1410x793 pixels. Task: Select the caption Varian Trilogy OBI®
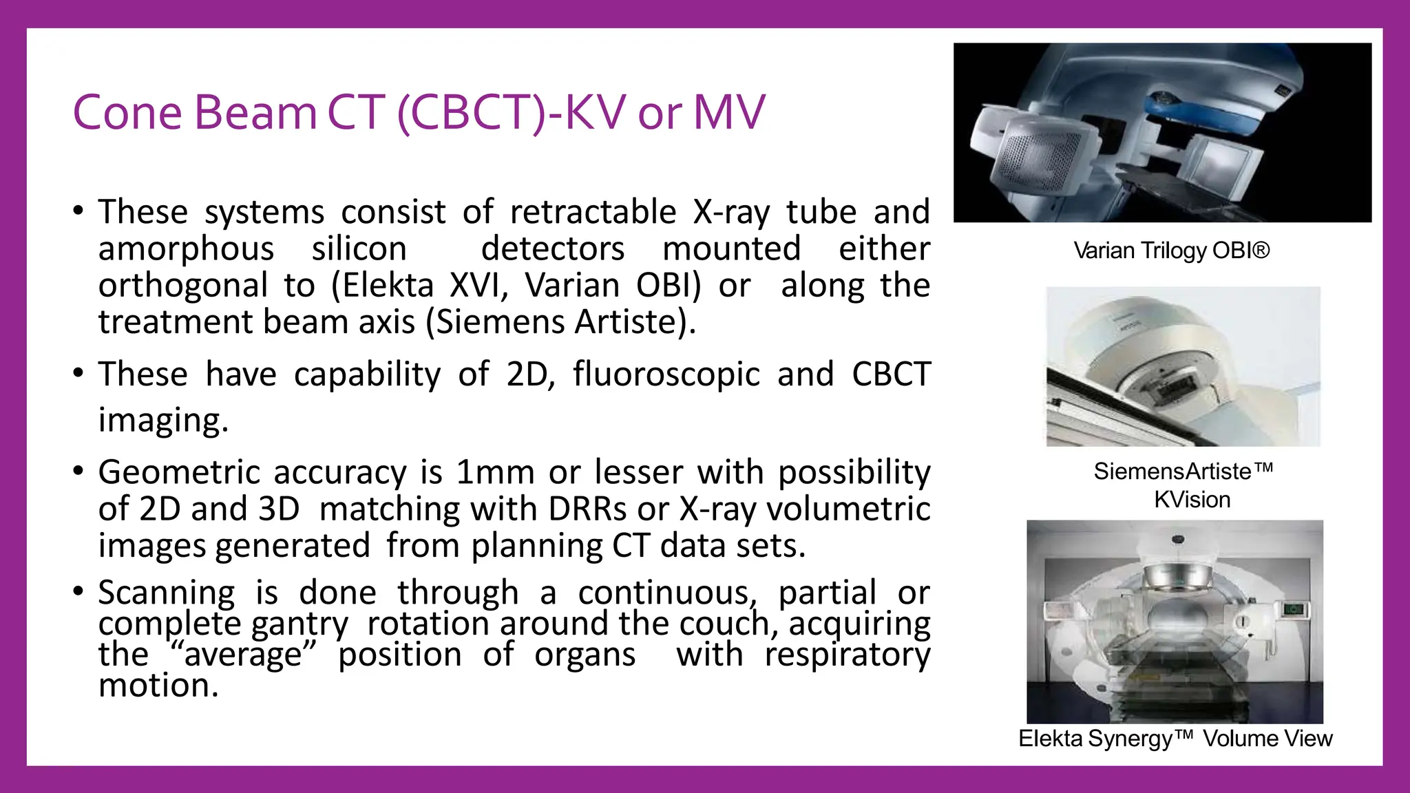1171,251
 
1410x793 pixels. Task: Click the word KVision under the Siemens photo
1192,500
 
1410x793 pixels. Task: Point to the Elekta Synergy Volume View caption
1175,739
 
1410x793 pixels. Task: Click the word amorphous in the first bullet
186,249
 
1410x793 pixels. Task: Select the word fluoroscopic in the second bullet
666,375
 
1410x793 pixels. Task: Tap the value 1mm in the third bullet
495,473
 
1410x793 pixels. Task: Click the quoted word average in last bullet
242,654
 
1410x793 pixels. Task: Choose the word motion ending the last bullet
158,686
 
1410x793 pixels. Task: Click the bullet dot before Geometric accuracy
78,472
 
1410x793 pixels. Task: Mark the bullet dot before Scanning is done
78,591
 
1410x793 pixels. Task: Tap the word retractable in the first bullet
593,212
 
